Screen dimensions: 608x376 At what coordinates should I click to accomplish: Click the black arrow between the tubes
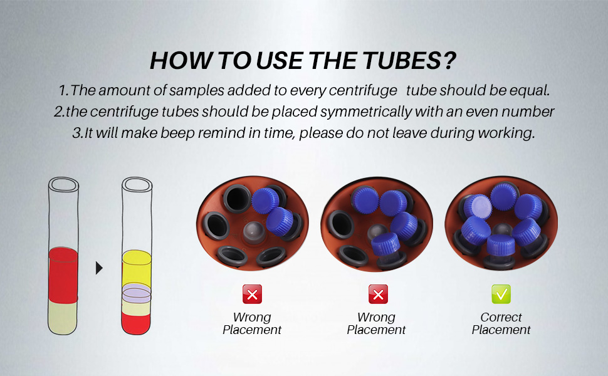(99, 268)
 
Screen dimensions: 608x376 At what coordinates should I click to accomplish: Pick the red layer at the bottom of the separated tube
(137, 322)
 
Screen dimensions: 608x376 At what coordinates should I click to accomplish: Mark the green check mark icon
(501, 294)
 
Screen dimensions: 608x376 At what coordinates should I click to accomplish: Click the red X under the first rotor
(252, 294)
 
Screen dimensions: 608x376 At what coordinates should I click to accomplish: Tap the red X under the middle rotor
(377, 294)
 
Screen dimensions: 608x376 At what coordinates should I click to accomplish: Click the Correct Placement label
(501, 323)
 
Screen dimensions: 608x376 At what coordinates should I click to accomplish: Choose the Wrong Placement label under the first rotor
(252, 323)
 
